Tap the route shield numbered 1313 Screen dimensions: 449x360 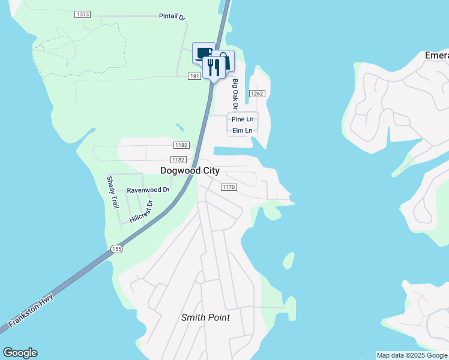click(83, 14)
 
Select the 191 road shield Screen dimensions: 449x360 click(194, 76)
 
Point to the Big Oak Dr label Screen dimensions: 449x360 click(235, 94)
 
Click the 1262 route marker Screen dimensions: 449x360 click(258, 94)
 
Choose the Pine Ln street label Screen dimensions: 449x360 click(243, 119)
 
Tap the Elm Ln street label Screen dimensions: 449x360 click(243, 130)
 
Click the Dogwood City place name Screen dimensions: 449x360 click(190, 170)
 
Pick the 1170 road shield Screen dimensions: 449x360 click(229, 187)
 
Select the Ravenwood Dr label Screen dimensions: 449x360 click(148, 190)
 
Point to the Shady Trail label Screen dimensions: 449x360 click(113, 193)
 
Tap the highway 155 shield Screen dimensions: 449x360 click(116, 248)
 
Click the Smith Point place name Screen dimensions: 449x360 click(206, 317)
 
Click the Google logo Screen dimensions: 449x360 click(20, 353)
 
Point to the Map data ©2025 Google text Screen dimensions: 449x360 click(412, 355)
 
